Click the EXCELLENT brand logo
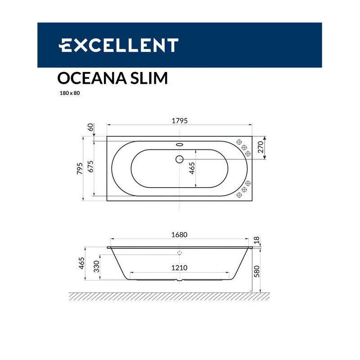(x=118, y=45)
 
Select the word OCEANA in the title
(x=92, y=78)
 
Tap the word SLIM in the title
(x=149, y=78)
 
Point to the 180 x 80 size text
(x=70, y=93)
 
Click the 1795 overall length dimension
(x=180, y=121)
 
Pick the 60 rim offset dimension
(x=91, y=127)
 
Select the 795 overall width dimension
(x=80, y=168)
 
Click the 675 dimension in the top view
(x=90, y=166)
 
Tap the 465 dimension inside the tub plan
(x=192, y=168)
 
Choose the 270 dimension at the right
(x=261, y=147)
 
